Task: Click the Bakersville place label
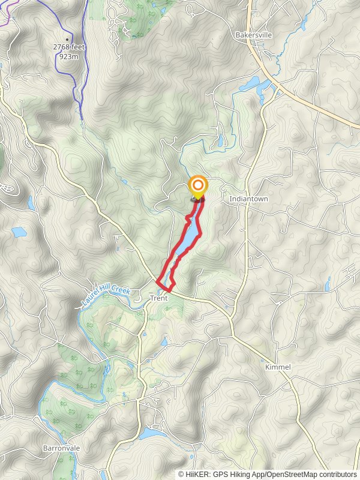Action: [x=254, y=35]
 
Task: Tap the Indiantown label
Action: [x=248, y=199]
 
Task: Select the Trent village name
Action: [x=158, y=298]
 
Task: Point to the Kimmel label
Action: [x=278, y=367]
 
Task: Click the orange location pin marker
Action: [x=197, y=185]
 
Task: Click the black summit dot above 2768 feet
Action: [x=67, y=38]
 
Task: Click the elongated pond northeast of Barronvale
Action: [x=152, y=433]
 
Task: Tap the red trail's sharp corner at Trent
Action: [x=157, y=281]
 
